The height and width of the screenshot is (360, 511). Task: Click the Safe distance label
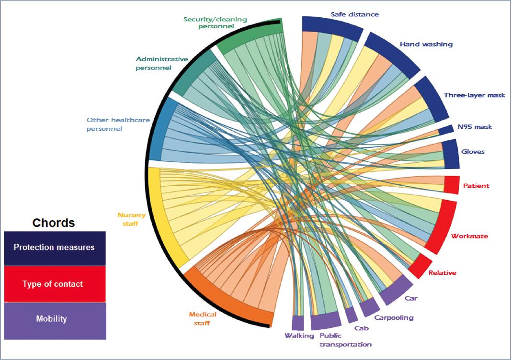354,14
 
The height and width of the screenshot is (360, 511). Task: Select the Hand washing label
426,45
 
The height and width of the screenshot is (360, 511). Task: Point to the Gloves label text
473,152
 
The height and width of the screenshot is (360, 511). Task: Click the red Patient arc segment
452,185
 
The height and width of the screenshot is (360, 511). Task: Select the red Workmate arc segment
442,225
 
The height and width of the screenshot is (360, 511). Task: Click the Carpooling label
394,317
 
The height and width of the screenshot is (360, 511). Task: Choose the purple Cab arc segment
351,315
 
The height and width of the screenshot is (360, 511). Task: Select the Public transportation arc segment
326,320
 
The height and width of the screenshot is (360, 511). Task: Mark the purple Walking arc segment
298,322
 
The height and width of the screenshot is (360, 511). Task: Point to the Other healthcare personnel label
111,124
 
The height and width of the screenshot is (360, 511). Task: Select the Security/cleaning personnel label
216,22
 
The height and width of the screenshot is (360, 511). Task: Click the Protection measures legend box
55,248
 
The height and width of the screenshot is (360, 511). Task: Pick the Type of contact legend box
55,284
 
